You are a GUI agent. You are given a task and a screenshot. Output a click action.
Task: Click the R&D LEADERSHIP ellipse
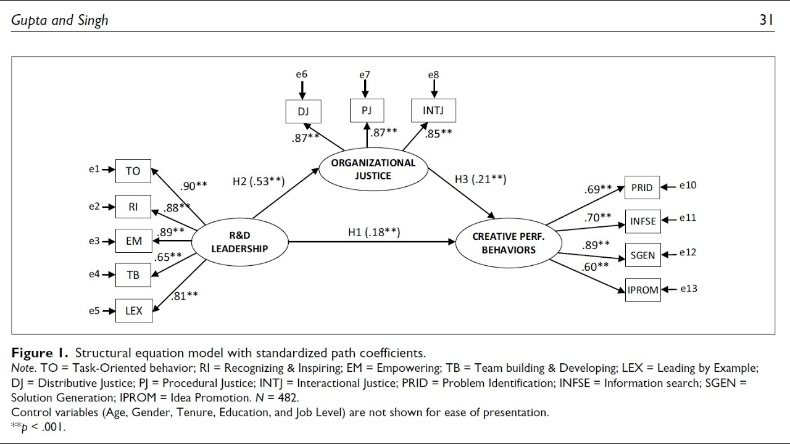coord(239,242)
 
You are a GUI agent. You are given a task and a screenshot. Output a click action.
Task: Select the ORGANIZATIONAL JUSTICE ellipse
coord(373,169)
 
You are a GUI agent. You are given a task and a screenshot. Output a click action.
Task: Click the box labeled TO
coord(133,171)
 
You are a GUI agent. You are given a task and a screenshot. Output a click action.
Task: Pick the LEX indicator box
coord(133,311)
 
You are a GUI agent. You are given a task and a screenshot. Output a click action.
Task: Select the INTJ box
coord(434,111)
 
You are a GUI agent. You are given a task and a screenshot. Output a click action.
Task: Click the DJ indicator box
coord(303,112)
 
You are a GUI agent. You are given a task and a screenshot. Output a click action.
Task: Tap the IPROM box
coord(642,290)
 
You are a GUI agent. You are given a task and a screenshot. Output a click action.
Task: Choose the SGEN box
coord(642,255)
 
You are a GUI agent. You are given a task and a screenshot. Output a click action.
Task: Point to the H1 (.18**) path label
coord(373,232)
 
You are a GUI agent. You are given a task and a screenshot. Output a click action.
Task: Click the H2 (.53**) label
coord(258,181)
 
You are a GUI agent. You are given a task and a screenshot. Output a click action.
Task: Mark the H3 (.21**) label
coord(480,179)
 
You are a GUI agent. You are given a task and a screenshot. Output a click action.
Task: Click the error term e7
coord(365,75)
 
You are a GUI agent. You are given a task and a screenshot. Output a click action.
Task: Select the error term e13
coord(688,289)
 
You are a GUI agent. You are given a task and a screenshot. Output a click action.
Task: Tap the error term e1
coord(94,169)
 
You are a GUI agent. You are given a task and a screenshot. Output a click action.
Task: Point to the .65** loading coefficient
coord(168,256)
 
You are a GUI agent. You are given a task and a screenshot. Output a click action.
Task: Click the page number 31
coord(766,20)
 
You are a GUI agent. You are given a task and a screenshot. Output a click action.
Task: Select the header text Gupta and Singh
coord(60,20)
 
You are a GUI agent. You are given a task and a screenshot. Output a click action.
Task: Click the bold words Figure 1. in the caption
coord(40,353)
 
